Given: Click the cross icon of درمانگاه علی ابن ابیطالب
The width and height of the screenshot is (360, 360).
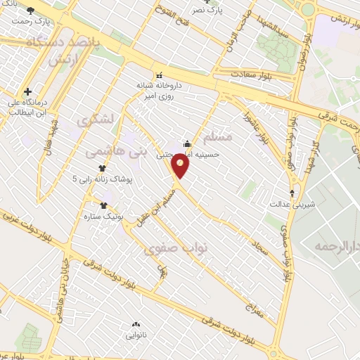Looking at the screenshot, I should click(27, 91).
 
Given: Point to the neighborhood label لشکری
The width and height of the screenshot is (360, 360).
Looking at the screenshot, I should click(97, 120).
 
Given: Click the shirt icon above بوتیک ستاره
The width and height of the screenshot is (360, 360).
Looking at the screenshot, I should click(104, 206).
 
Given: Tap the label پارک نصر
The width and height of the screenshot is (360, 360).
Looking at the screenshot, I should click(210, 11).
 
